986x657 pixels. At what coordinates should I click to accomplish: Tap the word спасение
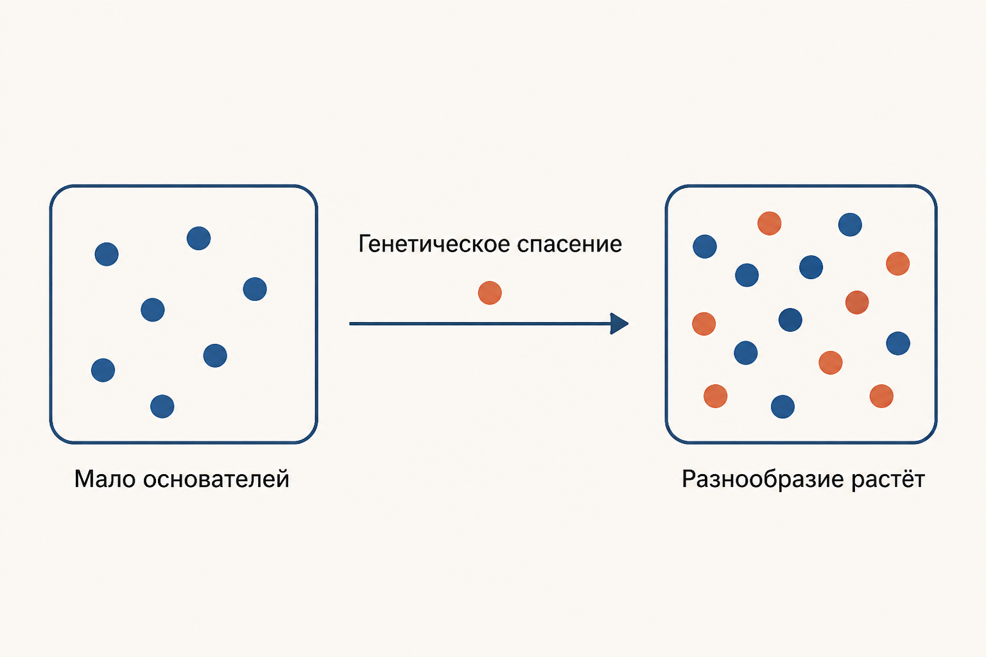coord(569,245)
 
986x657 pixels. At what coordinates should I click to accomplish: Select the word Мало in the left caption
coord(105,479)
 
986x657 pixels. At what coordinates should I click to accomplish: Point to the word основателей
coord(216,479)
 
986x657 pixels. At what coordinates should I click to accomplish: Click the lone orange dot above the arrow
coord(490,293)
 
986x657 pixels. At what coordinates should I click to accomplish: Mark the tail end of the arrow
coord(350,324)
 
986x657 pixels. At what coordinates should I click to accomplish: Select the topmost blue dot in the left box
coord(198,239)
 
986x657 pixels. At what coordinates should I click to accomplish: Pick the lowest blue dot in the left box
coord(162,406)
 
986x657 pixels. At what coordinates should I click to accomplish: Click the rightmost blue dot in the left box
coord(255,289)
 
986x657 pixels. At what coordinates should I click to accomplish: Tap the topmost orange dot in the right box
coord(770,223)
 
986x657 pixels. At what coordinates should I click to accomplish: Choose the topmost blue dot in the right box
coord(850,225)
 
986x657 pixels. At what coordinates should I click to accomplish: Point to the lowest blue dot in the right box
coord(783,407)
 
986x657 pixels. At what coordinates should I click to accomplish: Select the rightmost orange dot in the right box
coord(898,264)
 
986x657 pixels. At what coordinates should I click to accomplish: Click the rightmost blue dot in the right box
coord(898,343)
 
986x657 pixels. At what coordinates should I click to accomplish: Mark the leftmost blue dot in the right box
coord(705,246)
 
